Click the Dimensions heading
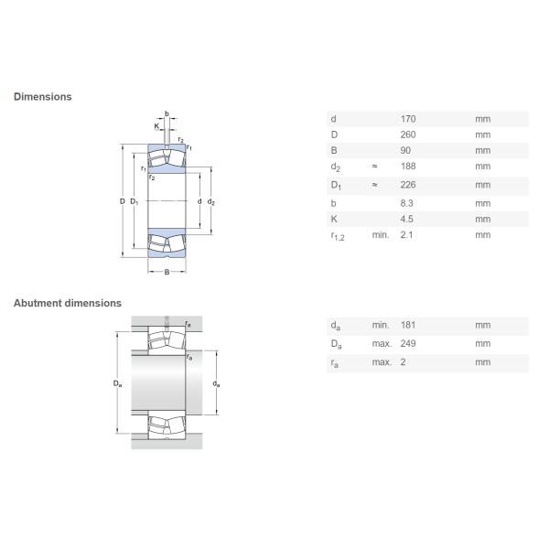(x=42, y=96)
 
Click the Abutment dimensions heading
(x=67, y=303)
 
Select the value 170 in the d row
(x=408, y=119)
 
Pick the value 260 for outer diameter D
(x=408, y=135)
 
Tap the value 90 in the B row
(x=405, y=150)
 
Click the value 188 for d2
(x=408, y=167)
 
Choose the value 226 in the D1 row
(x=408, y=185)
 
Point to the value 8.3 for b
(x=407, y=203)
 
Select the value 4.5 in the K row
(x=407, y=219)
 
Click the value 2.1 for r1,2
(x=407, y=235)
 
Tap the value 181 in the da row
(x=408, y=325)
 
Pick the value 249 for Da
(x=408, y=343)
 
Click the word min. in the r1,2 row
(x=380, y=235)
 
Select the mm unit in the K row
(x=482, y=219)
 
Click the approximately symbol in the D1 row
(x=375, y=185)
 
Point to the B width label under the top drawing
(x=167, y=273)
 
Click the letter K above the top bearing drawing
(x=156, y=124)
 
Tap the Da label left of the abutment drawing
(x=118, y=383)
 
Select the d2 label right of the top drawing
(x=210, y=201)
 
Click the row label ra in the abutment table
(x=335, y=362)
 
